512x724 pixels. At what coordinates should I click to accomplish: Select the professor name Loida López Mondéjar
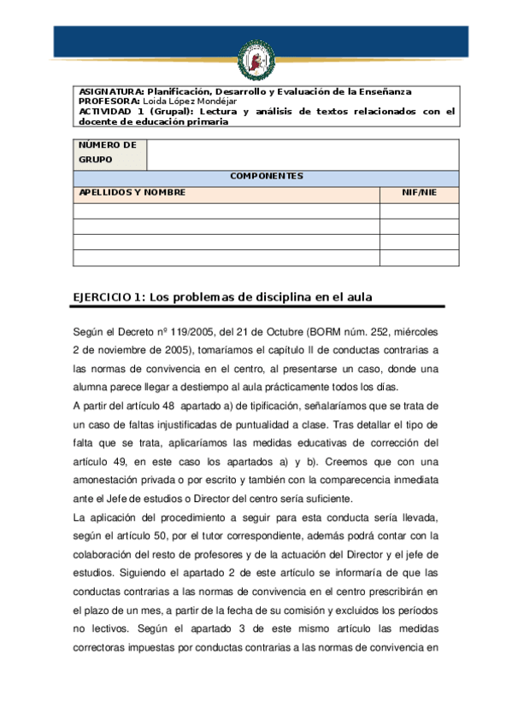pyautogui.click(x=187, y=101)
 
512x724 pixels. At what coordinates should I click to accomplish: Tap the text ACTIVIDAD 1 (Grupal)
pyautogui.click(x=127, y=111)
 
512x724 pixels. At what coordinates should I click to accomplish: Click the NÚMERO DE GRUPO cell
pyautogui.click(x=109, y=153)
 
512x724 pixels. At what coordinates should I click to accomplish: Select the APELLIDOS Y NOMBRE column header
pyautogui.click(x=132, y=193)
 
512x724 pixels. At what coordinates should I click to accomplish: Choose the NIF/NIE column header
pyautogui.click(x=419, y=193)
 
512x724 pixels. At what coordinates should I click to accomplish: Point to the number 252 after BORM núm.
pyautogui.click(x=379, y=331)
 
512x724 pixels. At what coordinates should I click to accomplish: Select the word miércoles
pyautogui.click(x=417, y=331)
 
